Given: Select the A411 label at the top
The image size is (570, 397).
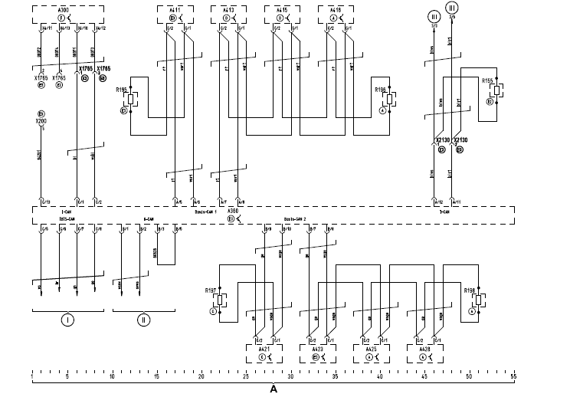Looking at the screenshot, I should [x=174, y=10].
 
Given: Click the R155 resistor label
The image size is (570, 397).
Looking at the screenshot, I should [x=486, y=80].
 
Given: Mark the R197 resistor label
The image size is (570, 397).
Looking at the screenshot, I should [x=211, y=290].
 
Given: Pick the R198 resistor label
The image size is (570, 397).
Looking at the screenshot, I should [x=470, y=290].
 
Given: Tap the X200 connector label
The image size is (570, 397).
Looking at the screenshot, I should [x=41, y=121].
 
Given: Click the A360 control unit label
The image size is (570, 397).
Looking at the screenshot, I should [x=233, y=210].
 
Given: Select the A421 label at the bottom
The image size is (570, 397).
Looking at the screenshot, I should [x=261, y=348].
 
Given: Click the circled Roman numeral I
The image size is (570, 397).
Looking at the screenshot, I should [x=68, y=320].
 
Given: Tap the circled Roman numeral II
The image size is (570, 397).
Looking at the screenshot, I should [x=143, y=320].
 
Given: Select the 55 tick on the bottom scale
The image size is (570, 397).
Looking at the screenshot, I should [x=513, y=377].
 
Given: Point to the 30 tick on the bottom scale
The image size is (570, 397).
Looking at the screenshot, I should [x=290, y=377].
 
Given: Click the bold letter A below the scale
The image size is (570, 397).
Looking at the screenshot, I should [x=274, y=389].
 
